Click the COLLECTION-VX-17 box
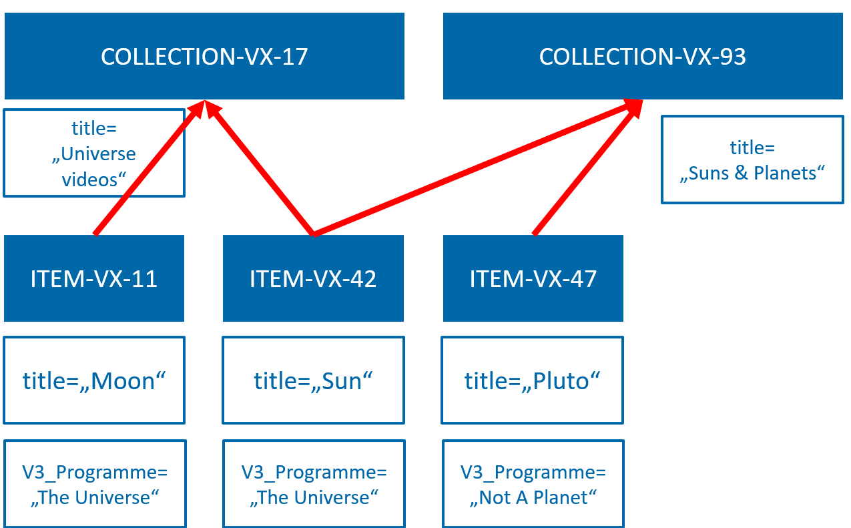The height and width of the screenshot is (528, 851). click(x=204, y=56)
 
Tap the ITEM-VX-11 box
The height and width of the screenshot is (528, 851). click(x=94, y=278)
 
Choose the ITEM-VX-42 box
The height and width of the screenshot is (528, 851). click(x=313, y=278)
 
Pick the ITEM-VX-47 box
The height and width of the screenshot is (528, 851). click(x=533, y=278)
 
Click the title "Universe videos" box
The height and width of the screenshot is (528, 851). click(x=94, y=153)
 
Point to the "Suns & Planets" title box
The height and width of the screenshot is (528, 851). click(x=752, y=160)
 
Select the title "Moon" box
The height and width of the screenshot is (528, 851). click(x=94, y=380)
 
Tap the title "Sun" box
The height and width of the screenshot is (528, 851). click(x=313, y=380)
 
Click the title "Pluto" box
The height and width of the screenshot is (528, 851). click(x=533, y=380)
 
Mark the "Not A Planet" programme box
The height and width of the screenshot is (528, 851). click(x=533, y=484)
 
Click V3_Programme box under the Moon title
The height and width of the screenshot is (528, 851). click(x=94, y=484)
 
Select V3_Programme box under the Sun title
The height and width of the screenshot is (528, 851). click(x=313, y=484)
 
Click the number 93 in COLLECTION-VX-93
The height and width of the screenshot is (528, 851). click(x=732, y=57)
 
